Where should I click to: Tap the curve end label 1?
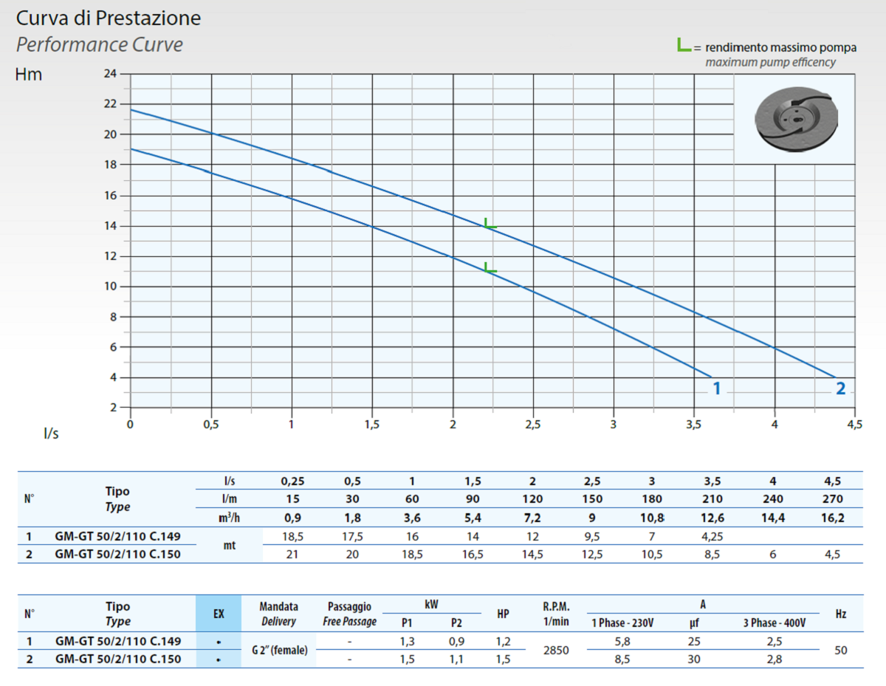click(715, 388)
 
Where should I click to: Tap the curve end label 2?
click(840, 388)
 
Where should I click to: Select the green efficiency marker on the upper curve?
click(490, 223)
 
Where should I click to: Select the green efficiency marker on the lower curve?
click(490, 267)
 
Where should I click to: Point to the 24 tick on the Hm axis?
click(110, 74)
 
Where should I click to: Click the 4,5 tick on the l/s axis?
click(854, 425)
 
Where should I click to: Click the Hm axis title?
click(29, 75)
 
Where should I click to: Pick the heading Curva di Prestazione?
click(109, 18)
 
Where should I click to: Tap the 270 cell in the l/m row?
click(832, 499)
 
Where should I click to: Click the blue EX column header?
click(219, 614)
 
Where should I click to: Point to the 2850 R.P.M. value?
click(556, 651)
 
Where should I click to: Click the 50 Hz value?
click(840, 651)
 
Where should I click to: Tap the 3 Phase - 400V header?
click(774, 622)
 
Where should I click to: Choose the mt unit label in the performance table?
click(229, 546)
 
